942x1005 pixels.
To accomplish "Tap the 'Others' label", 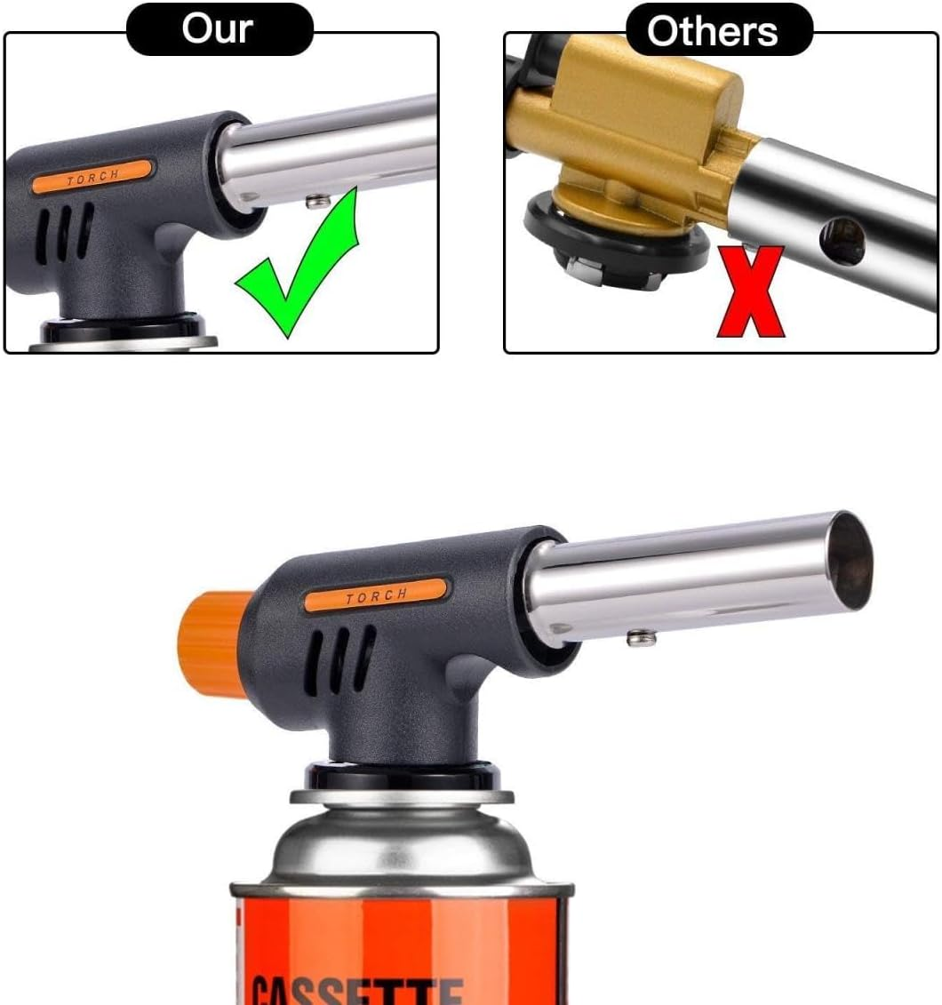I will [x=712, y=32].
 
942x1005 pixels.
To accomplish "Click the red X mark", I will [x=750, y=292].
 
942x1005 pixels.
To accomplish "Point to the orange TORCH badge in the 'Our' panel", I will [x=92, y=173].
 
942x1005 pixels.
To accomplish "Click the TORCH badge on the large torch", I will [x=375, y=594].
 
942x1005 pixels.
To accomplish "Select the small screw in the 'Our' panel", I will [x=313, y=202].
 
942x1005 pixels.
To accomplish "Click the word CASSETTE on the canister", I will [x=355, y=986].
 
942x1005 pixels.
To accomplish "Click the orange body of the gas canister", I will [x=400, y=933].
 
